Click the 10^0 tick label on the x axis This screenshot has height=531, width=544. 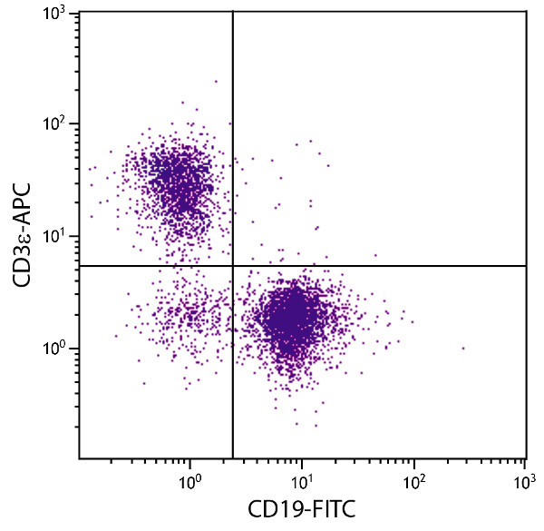pyautogui.click(x=189, y=477)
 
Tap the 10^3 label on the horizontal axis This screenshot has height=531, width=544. pyautogui.click(x=524, y=477)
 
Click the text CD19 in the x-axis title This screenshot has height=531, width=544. pyautogui.click(x=272, y=511)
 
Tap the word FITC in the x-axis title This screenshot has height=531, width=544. pyautogui.click(x=328, y=511)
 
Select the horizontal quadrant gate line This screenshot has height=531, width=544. pyautogui.click(x=381, y=266)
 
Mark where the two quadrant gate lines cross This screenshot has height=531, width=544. pyautogui.click(x=233, y=266)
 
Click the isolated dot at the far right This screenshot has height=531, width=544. pyautogui.click(x=462, y=348)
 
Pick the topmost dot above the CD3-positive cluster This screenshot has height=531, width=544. pyautogui.click(x=216, y=81)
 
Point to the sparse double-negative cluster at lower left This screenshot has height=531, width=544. pyautogui.click(x=181, y=318)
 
